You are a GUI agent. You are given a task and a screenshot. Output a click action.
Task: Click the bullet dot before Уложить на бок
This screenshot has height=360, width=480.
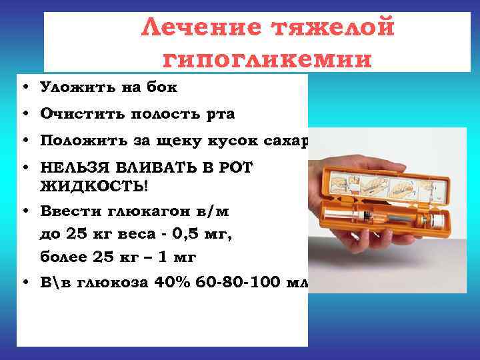pos(24,87)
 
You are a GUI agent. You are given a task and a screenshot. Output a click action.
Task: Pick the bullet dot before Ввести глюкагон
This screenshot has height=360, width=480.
pos(24,213)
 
